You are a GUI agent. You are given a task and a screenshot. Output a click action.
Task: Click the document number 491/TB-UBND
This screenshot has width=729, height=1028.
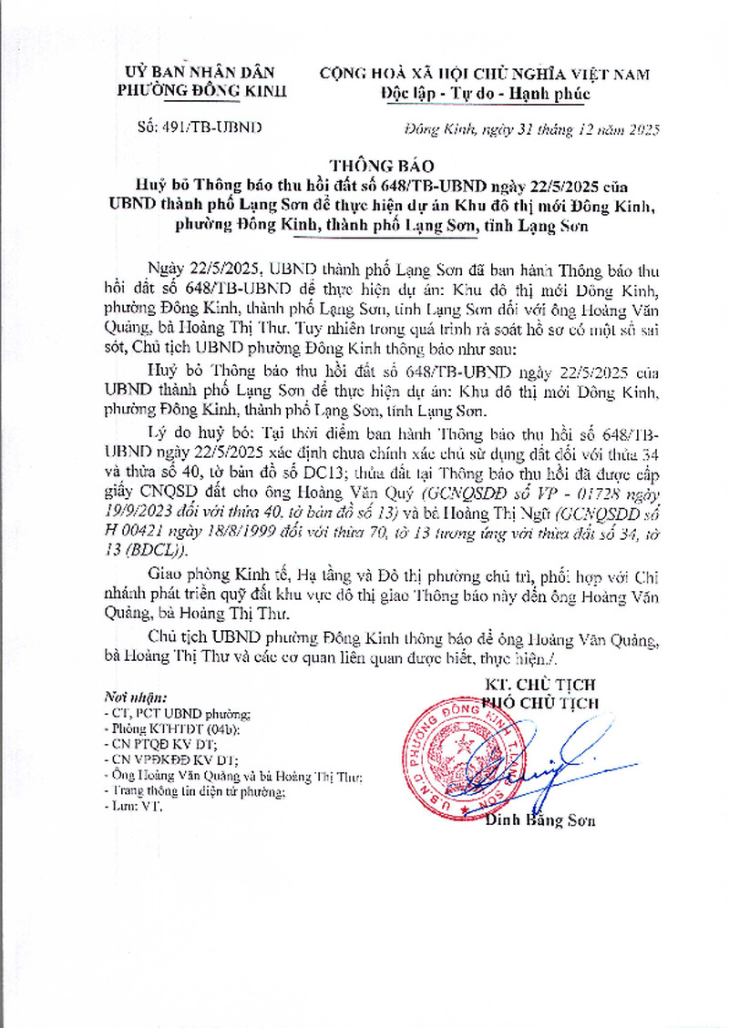(x=202, y=127)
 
